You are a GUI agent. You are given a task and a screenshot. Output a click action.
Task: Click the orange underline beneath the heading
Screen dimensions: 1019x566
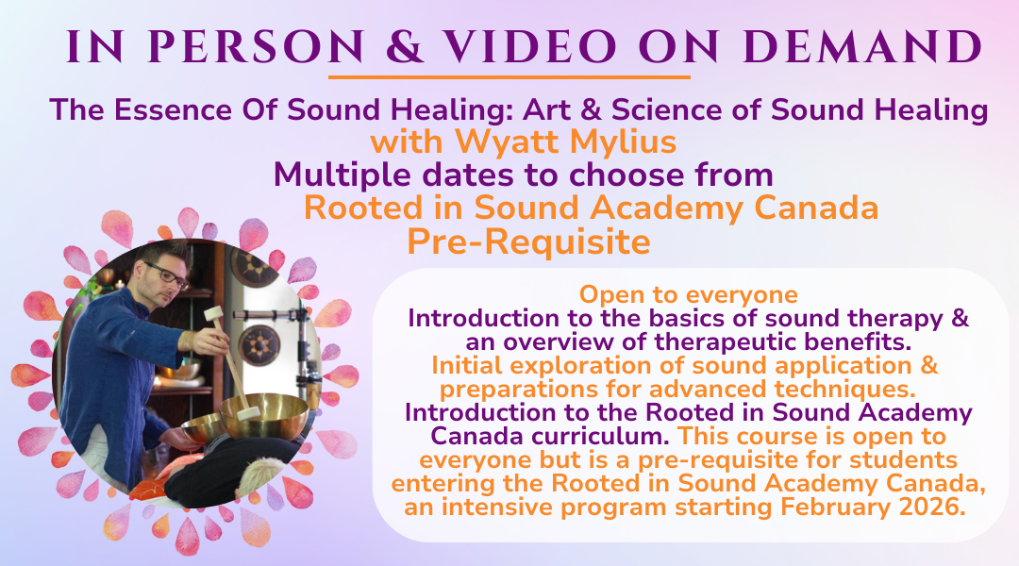coord(509,77)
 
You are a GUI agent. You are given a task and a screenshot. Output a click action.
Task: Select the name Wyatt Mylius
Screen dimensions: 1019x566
coord(565,141)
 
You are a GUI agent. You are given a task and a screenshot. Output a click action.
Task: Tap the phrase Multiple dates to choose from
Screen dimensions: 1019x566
coord(523,175)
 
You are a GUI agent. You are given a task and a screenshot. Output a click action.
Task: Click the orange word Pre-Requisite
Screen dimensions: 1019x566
coord(528,241)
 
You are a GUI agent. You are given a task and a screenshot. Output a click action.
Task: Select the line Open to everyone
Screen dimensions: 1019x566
coord(688,294)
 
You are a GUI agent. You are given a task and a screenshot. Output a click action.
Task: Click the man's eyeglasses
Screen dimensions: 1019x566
coord(167,275)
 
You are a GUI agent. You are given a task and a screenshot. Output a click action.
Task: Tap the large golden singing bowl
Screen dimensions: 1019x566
coord(264,414)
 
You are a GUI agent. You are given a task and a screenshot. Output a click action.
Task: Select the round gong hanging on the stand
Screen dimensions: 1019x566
coord(259,345)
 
